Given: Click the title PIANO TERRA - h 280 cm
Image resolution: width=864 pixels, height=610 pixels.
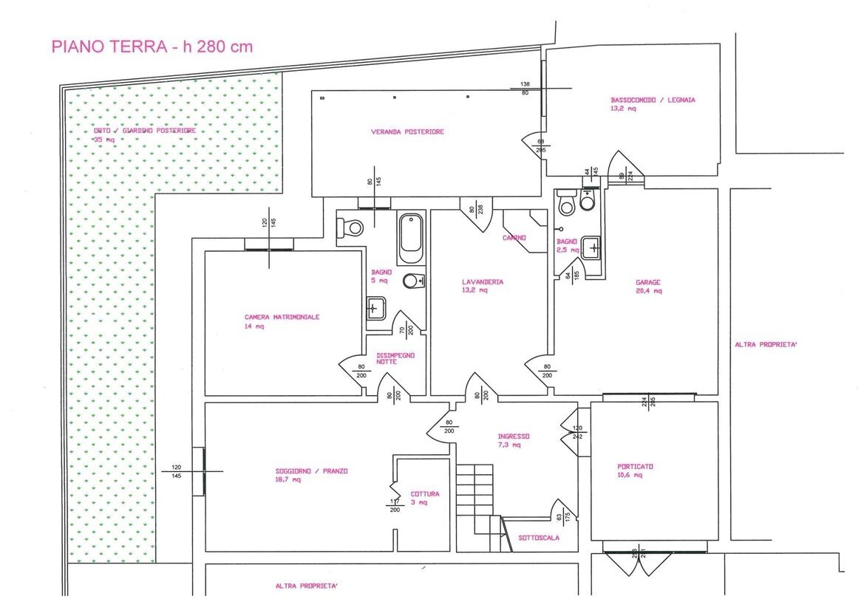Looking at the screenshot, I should pyautogui.click(x=152, y=47).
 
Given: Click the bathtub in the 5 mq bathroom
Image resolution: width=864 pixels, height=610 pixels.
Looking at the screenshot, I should pyautogui.click(x=410, y=238).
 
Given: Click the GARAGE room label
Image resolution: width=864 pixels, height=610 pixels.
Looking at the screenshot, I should pyautogui.click(x=647, y=282).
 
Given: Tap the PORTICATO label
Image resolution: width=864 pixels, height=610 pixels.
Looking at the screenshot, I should pyautogui.click(x=635, y=467).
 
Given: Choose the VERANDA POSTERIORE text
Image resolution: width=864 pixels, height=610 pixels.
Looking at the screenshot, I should pyautogui.click(x=407, y=132).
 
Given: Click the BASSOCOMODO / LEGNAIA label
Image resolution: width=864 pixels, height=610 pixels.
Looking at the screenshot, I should pyautogui.click(x=653, y=100).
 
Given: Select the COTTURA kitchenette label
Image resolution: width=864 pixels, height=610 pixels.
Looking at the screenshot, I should pyautogui.click(x=425, y=494).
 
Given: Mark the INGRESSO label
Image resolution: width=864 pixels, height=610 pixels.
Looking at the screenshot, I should pyautogui.click(x=513, y=436).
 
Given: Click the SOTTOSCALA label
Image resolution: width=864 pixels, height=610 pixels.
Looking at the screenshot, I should pyautogui.click(x=539, y=538).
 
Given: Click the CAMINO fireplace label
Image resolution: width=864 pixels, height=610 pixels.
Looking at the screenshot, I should pyautogui.click(x=514, y=238).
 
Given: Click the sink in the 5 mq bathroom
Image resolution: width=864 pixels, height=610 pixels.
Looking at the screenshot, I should pyautogui.click(x=376, y=306).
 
